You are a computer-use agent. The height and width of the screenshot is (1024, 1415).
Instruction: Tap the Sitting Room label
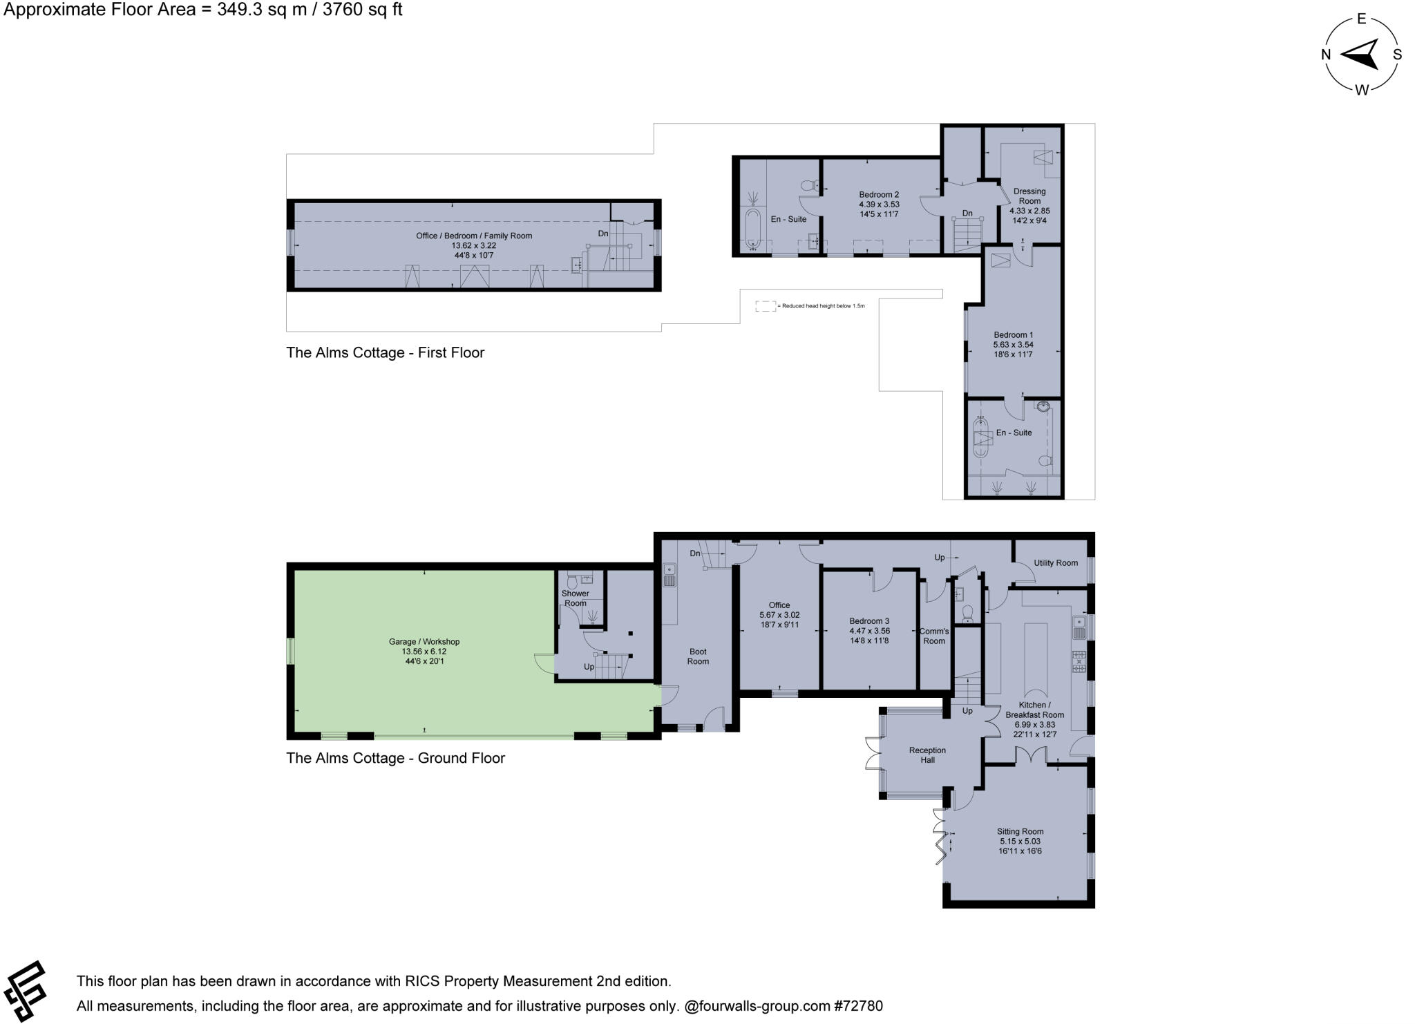pyautogui.click(x=1020, y=832)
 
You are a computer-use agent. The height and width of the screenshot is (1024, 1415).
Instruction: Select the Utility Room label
pyautogui.click(x=1055, y=563)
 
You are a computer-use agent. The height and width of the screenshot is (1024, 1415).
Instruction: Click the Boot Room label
pyautogui.click(x=698, y=656)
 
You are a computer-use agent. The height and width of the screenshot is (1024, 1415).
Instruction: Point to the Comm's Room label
pyautogui.click(x=933, y=636)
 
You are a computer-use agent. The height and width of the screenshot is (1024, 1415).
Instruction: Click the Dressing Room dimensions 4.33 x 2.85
pyautogui.click(x=1029, y=211)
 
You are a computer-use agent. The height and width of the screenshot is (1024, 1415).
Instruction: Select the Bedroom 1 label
pyautogui.click(x=1013, y=335)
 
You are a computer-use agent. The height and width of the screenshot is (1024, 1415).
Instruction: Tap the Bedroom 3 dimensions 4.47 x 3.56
pyautogui.click(x=869, y=631)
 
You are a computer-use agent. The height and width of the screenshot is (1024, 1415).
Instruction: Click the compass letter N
pyautogui.click(x=1326, y=55)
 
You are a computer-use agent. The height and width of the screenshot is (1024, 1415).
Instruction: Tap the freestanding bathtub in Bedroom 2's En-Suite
pyautogui.click(x=752, y=229)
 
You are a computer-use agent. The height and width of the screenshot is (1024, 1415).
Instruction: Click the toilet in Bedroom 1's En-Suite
pyautogui.click(x=1045, y=461)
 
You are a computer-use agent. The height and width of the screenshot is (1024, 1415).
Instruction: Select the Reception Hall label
pyautogui.click(x=927, y=755)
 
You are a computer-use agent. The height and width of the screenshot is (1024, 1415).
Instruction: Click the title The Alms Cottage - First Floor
pyautogui.click(x=385, y=353)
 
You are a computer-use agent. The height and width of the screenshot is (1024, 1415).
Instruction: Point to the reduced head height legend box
pyautogui.click(x=765, y=306)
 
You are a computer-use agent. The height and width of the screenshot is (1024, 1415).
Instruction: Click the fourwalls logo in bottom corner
pyautogui.click(x=26, y=991)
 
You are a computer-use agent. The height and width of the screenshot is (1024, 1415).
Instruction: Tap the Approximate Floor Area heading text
pyautogui.click(x=203, y=10)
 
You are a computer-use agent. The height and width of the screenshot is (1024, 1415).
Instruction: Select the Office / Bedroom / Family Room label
pyautogui.click(x=473, y=236)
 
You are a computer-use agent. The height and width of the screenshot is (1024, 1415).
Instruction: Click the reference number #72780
pyautogui.click(x=858, y=1006)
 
